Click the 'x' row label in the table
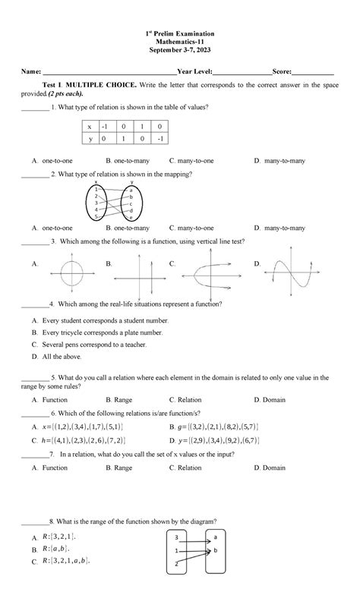[90, 127]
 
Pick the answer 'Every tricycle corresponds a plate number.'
[103, 332]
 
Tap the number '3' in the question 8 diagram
[176, 537]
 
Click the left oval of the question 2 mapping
[96, 204]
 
